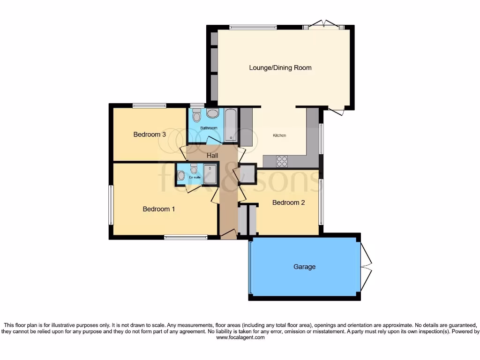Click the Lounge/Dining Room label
click(280, 68)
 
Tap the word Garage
click(304, 267)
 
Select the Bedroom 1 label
click(159, 209)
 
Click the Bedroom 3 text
click(150, 135)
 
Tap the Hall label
click(212, 155)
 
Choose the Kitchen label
click(279, 135)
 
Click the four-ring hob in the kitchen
click(282, 161)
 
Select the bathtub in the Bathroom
click(231, 125)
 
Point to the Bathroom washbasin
click(212, 114)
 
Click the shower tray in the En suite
click(210, 173)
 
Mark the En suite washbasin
click(181, 175)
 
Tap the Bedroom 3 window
click(149, 105)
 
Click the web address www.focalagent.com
click(240, 337)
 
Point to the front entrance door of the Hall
click(228, 234)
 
